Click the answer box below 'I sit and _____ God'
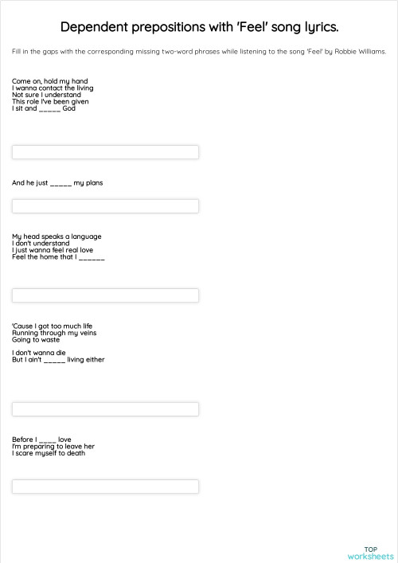pyautogui.click(x=105, y=152)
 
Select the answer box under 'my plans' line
pyautogui.click(x=105, y=206)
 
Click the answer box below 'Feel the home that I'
pyautogui.click(x=105, y=295)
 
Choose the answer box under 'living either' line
pyautogui.click(x=105, y=409)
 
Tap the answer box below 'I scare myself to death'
pyautogui.click(x=105, y=486)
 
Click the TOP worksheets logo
pyautogui.click(x=370, y=553)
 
